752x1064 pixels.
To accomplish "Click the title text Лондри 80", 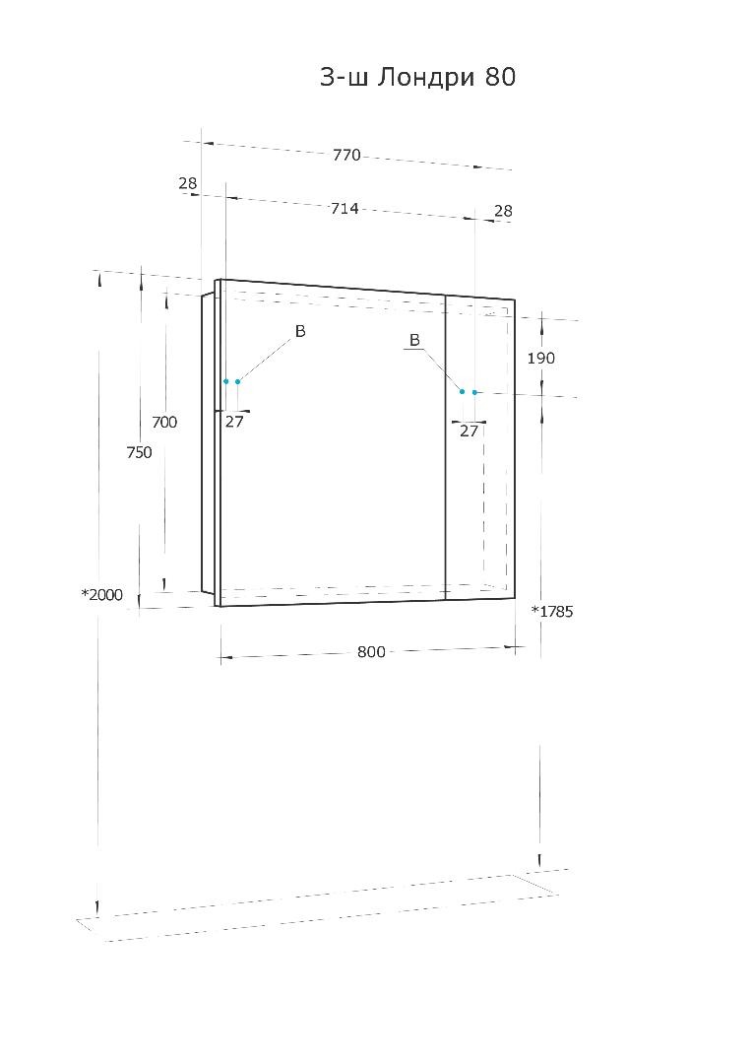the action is (x=446, y=77).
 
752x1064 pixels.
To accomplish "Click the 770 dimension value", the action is (x=346, y=155).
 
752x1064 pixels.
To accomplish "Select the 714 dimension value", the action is (x=345, y=208).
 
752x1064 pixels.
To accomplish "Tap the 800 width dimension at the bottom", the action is (x=371, y=652).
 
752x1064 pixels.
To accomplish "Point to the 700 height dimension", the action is (x=164, y=422).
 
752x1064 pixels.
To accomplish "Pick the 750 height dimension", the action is (x=139, y=452).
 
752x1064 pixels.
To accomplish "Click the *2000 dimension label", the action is (x=102, y=594).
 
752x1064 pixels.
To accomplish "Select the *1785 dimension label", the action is (x=552, y=612).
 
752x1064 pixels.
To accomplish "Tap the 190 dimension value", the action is (x=541, y=358).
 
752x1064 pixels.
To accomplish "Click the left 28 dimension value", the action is (x=188, y=182).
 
